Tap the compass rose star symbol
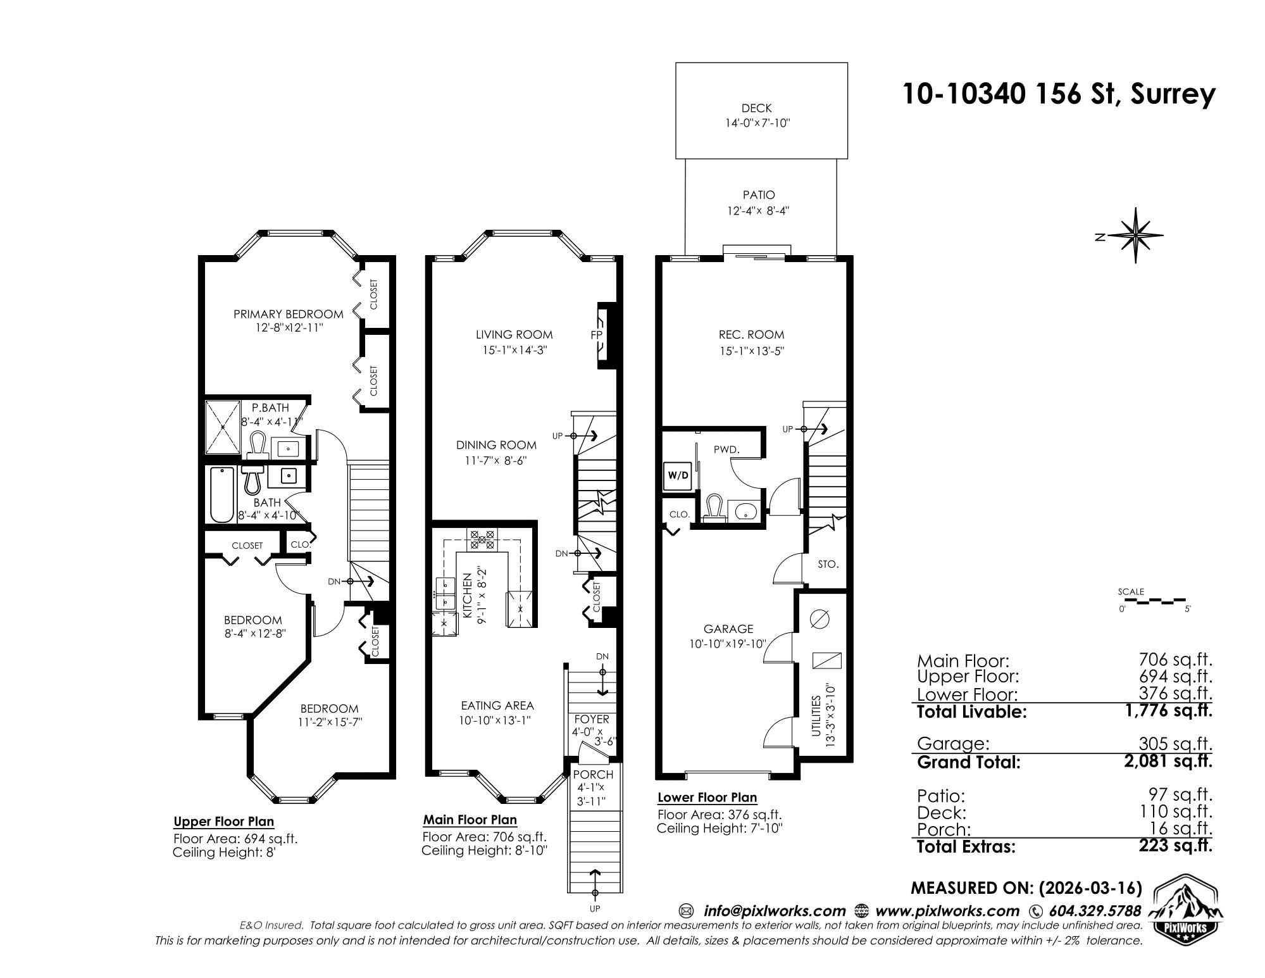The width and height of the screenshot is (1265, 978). tap(1137, 235)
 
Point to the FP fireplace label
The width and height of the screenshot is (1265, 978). tap(596, 335)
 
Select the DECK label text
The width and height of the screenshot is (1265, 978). tap(757, 108)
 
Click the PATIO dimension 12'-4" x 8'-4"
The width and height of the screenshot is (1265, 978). tap(758, 211)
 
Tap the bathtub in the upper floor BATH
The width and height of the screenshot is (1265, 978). tap(221, 494)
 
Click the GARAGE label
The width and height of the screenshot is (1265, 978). tap(728, 629)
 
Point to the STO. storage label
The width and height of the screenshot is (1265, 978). tap(828, 564)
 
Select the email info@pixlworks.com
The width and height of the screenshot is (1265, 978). tap(775, 911)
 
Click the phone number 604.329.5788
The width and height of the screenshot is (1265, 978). tap(1095, 911)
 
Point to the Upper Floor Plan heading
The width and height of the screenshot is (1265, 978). tap(223, 822)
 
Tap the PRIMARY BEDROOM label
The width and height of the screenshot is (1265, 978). tap(289, 314)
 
